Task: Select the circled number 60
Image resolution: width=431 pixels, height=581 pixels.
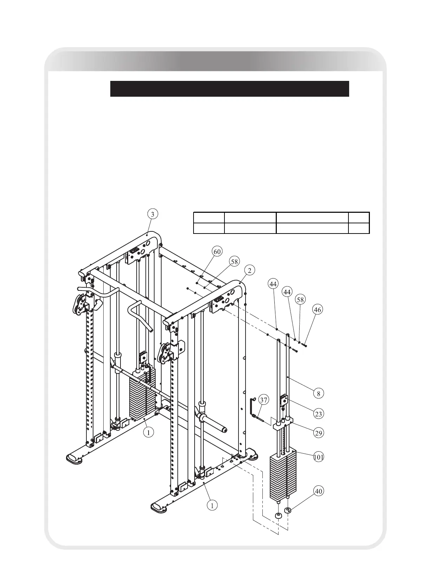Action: (217, 251)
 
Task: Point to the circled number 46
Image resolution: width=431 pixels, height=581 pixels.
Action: (318, 310)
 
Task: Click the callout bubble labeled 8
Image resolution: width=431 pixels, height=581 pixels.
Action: (319, 394)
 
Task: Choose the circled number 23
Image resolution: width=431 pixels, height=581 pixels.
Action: (319, 414)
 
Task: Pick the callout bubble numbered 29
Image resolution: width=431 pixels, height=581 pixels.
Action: (319, 433)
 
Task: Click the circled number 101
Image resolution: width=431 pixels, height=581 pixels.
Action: (319, 457)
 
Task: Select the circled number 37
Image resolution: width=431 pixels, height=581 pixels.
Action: (264, 400)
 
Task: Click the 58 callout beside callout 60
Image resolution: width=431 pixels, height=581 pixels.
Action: (235, 261)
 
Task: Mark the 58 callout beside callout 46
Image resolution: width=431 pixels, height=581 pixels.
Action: (300, 299)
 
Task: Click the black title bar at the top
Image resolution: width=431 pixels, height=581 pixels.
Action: (229, 89)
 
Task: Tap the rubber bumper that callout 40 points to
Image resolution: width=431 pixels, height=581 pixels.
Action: (288, 510)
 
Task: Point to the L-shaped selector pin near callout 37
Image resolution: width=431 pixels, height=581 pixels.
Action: (254, 408)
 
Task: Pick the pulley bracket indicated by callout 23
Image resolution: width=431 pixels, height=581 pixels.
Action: (284, 401)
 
